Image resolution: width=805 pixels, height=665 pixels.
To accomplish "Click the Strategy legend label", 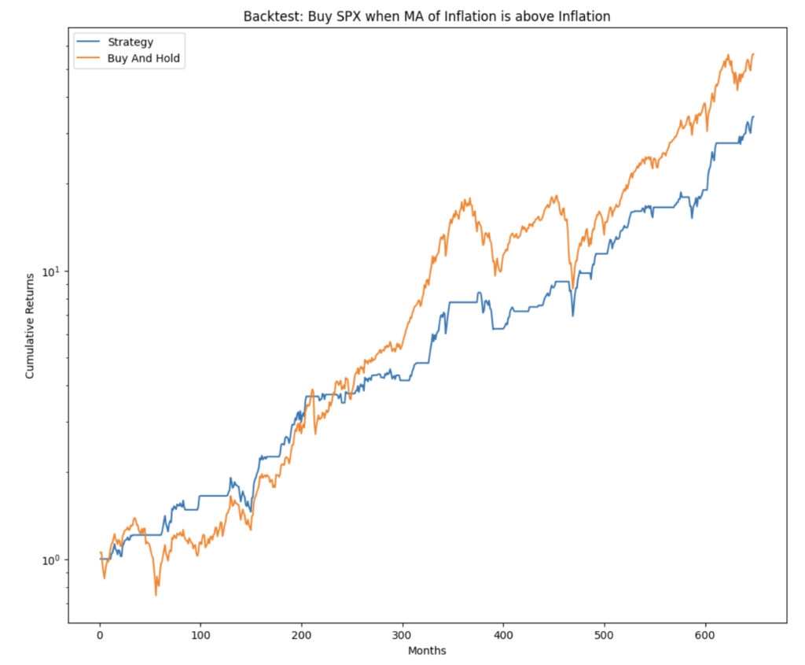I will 130,42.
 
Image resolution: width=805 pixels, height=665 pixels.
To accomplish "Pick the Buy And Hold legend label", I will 144,58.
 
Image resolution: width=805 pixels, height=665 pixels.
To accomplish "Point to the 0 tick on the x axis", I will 100,634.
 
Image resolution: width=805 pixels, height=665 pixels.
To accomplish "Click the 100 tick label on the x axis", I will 200,634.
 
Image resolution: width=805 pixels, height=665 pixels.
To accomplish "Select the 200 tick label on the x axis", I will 302,634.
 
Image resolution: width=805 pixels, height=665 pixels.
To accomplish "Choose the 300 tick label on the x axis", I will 402,634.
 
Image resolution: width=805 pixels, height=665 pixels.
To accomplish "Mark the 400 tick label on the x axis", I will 504,634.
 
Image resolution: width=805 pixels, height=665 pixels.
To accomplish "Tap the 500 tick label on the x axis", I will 605,634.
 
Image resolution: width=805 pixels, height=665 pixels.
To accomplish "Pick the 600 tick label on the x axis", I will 705,634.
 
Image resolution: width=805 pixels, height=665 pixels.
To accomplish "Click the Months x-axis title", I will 427,651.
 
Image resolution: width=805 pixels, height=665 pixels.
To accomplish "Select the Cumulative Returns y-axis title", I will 31,326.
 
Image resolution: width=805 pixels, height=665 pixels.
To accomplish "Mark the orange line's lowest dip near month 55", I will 156,595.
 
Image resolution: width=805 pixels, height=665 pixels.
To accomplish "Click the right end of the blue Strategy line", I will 753,116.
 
